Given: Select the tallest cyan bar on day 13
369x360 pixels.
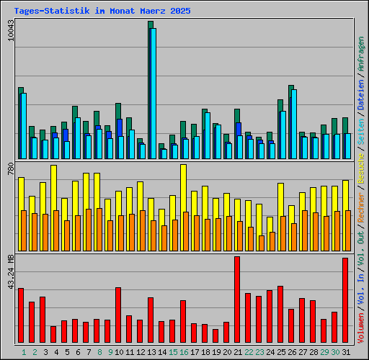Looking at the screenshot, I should pos(153,94).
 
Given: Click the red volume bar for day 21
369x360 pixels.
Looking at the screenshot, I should pos(237,300).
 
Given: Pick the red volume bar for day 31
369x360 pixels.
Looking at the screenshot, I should pos(345,301).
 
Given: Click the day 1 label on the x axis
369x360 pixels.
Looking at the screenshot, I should pos(24,353).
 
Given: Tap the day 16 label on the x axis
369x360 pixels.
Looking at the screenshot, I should pos(184,353).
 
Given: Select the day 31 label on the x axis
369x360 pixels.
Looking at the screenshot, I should pos(347,353).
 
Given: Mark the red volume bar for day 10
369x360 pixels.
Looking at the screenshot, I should pos(118,315).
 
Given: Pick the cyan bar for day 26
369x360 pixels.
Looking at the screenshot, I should pos(294,124).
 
